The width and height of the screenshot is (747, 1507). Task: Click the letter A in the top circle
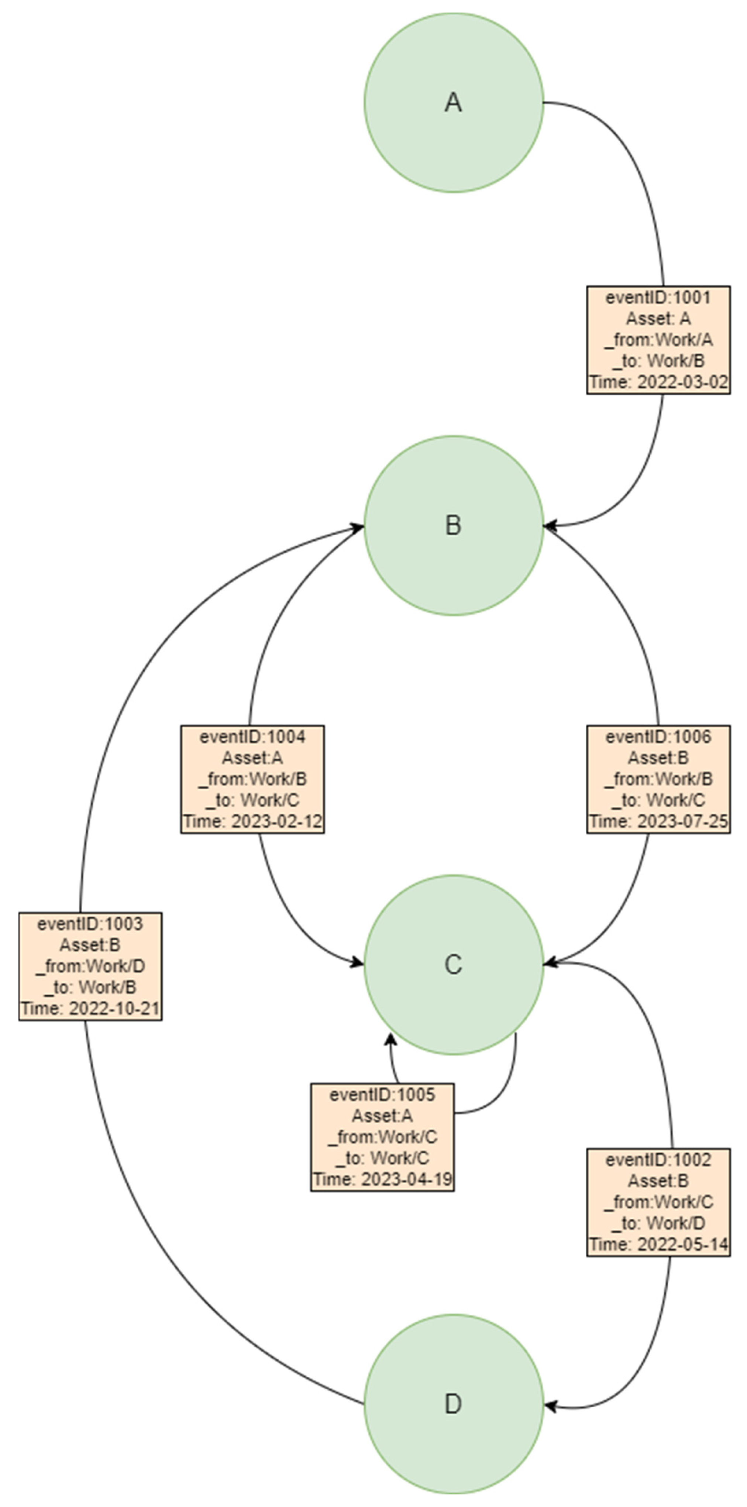pyautogui.click(x=453, y=103)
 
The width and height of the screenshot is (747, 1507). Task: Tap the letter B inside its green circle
pyautogui.click(x=453, y=525)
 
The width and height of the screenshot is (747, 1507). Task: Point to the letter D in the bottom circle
pyautogui.click(x=453, y=1404)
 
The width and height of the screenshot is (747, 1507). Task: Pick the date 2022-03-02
pyautogui.click(x=682, y=382)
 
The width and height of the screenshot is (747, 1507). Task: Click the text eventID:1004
pyautogui.click(x=252, y=737)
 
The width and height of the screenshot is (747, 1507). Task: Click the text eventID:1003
pyautogui.click(x=90, y=924)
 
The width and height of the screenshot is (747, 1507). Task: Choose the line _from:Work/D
pyautogui.click(x=90, y=967)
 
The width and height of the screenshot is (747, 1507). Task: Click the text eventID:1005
pyautogui.click(x=382, y=1095)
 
